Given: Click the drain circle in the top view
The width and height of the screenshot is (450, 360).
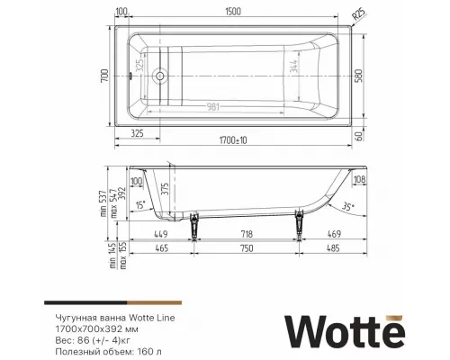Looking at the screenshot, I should [x=160, y=76].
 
